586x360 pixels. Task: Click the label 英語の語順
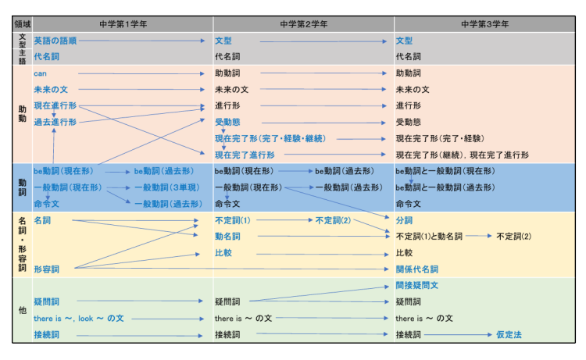point(55,41)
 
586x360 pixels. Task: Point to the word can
point(41,73)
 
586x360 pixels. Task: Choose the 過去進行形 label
point(55,122)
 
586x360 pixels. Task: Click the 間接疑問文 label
point(417,286)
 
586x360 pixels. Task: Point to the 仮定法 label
point(509,335)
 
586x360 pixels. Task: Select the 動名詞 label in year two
point(227,237)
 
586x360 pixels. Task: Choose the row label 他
point(22,310)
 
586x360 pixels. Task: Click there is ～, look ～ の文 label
point(79,319)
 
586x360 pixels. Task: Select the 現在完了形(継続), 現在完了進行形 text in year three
point(462,155)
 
